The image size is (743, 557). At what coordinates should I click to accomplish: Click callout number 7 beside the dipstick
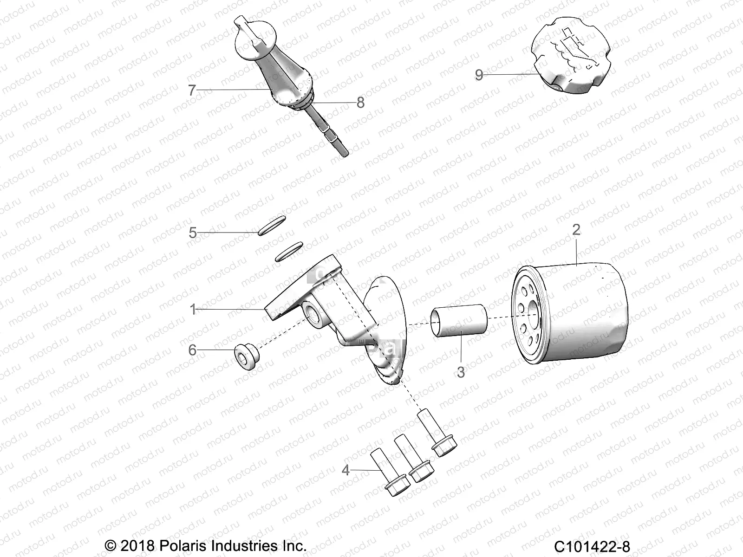pyautogui.click(x=192, y=90)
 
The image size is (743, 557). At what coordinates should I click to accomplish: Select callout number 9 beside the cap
pyautogui.click(x=479, y=75)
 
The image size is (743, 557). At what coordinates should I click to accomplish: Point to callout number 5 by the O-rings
pyautogui.click(x=193, y=233)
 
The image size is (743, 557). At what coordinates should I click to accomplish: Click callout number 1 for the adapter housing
pyautogui.click(x=193, y=309)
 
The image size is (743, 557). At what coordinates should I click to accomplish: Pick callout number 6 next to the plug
pyautogui.click(x=192, y=350)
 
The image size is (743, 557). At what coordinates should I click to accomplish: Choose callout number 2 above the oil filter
pyautogui.click(x=576, y=230)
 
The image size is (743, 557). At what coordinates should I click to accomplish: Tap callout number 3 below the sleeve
pyautogui.click(x=461, y=372)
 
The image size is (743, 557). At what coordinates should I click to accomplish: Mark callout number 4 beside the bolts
pyautogui.click(x=345, y=470)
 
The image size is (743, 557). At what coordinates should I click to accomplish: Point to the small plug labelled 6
pyautogui.click(x=246, y=357)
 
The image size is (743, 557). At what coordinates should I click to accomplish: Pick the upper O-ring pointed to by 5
pyautogui.click(x=272, y=226)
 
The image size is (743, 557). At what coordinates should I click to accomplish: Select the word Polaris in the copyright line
pyautogui.click(x=183, y=546)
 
